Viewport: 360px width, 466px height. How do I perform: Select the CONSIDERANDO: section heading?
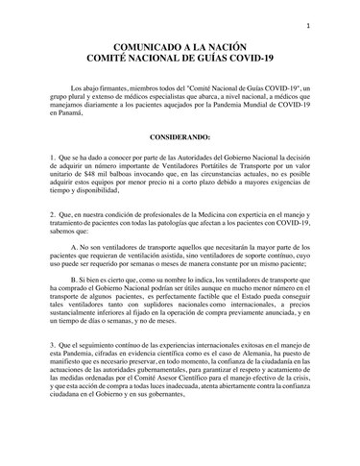pyautogui.click(x=180, y=137)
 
